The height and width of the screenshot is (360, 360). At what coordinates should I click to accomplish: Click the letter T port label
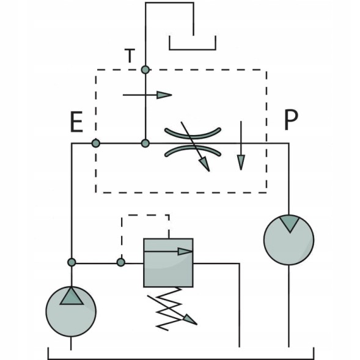pyautogui.click(x=130, y=56)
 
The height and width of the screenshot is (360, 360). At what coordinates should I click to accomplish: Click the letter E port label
pyautogui.click(x=76, y=122)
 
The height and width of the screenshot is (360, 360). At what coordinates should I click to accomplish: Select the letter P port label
pyautogui.click(x=292, y=120)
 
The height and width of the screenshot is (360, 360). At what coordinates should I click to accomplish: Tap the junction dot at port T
pyautogui.click(x=145, y=70)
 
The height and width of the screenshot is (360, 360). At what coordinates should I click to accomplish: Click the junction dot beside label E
pyautogui.click(x=96, y=143)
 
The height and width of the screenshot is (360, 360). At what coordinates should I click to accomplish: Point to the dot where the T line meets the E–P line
pyautogui.click(x=145, y=144)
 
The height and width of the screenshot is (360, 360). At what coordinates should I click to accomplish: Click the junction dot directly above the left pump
pyautogui.click(x=72, y=262)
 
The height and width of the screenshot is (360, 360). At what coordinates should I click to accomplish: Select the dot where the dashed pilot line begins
pyautogui.click(x=121, y=262)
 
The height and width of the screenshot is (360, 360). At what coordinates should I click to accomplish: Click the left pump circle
pyautogui.click(x=71, y=312)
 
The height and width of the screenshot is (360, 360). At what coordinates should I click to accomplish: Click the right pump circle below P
pyautogui.click(x=289, y=240)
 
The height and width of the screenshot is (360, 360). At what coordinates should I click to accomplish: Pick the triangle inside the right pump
pyautogui.click(x=290, y=223)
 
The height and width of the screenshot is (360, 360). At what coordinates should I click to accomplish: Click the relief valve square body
pyautogui.click(x=168, y=263)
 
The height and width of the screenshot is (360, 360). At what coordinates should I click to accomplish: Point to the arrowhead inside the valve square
pyautogui.click(x=185, y=252)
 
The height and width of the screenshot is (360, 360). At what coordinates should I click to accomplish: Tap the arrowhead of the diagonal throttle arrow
pyautogui.click(x=205, y=164)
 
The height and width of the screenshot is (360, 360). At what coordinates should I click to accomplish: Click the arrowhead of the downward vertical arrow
pyautogui.click(x=241, y=163)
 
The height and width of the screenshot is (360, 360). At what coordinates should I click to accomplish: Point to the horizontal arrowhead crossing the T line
pyautogui.click(x=164, y=95)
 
